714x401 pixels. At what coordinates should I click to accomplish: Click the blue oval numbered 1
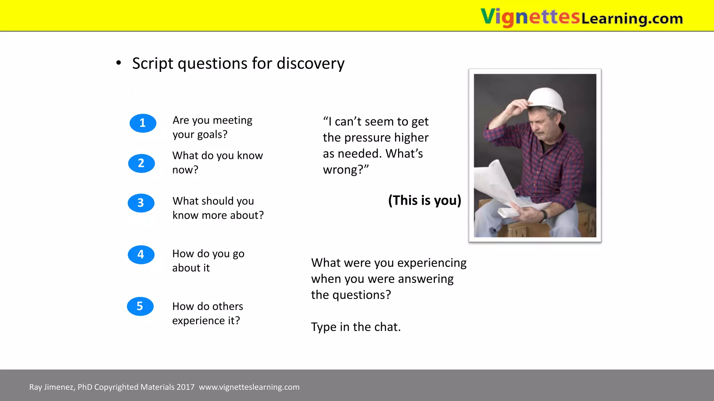(143, 123)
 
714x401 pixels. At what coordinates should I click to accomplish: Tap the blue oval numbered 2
(141, 163)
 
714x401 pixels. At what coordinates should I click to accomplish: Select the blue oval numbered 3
(141, 203)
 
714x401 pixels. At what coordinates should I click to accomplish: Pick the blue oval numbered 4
(141, 254)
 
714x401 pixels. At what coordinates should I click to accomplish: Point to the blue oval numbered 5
(140, 306)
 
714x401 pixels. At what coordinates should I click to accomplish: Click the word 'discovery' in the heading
(310, 64)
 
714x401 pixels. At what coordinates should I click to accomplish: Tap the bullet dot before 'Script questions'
(119, 63)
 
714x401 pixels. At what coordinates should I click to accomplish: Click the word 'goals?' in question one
(212, 135)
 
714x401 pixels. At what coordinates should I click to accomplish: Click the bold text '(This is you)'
(425, 200)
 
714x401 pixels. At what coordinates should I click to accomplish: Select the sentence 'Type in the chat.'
(356, 327)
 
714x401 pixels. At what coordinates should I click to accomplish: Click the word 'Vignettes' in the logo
(530, 17)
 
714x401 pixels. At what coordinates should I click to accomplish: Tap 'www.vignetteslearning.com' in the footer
(249, 387)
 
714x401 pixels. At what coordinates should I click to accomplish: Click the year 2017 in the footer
(185, 387)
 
